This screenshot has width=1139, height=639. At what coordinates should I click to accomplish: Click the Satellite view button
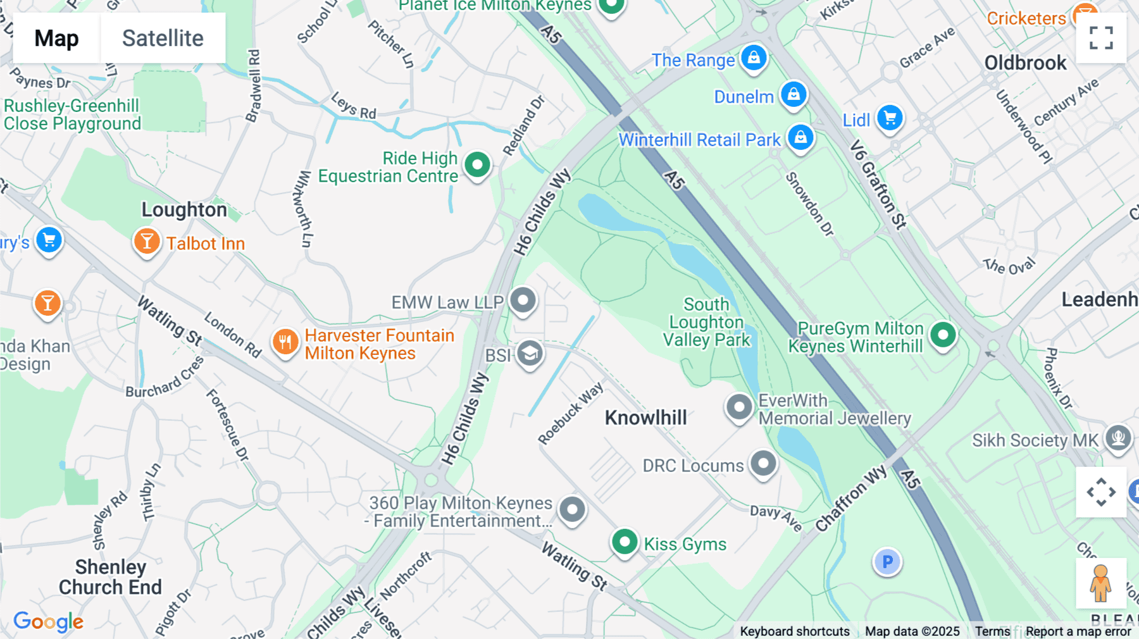[x=163, y=38]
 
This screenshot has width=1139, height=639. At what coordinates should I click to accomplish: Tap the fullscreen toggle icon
[x=1101, y=38]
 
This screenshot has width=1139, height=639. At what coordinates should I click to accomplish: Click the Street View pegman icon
[x=1100, y=583]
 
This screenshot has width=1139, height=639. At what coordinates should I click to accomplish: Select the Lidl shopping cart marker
[x=890, y=118]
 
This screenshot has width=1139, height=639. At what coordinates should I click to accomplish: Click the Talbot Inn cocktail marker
[x=147, y=242]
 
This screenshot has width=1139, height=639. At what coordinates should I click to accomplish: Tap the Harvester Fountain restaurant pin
[x=285, y=342]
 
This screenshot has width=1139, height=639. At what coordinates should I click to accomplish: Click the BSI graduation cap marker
[x=530, y=354]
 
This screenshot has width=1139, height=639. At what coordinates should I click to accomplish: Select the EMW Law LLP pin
[x=523, y=301]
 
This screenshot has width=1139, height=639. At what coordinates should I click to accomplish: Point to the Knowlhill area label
[x=645, y=418]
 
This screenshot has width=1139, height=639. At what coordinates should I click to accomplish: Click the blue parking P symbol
[x=887, y=562]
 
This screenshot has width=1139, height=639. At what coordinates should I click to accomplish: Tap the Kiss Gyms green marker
[x=625, y=542]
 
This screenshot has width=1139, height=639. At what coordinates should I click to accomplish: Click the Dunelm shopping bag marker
[x=794, y=95]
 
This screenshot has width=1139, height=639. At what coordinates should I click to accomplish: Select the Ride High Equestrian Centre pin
[x=477, y=165]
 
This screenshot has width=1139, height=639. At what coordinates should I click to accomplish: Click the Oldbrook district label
[x=1025, y=63]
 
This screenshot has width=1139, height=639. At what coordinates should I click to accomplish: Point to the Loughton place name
[x=184, y=209]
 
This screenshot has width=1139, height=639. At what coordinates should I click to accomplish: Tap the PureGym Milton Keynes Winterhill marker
[x=943, y=335]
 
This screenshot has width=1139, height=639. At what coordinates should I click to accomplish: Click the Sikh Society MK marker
[x=1118, y=437]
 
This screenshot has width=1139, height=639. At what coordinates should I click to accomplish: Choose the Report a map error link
[x=1078, y=631]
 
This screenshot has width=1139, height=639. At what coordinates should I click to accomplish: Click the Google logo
[x=48, y=621]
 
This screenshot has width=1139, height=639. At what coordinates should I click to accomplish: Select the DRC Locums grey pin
[x=763, y=464]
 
